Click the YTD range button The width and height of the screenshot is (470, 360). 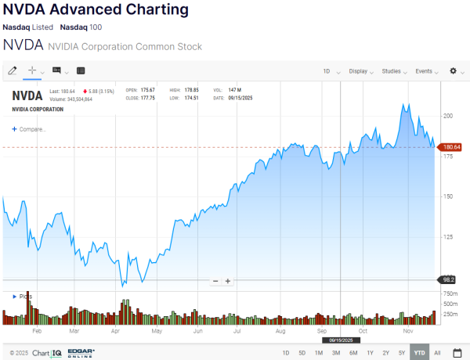(419, 353)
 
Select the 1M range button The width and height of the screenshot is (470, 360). (319, 353)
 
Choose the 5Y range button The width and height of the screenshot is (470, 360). (402, 353)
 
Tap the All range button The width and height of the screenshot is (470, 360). (437, 353)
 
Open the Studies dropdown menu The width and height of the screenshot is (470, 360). (393, 71)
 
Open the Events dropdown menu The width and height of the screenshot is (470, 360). (427, 71)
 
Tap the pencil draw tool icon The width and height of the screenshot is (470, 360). (13, 71)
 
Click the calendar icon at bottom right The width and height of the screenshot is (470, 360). (457, 353)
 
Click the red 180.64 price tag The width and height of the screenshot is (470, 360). (452, 147)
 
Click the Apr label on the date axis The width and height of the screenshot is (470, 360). (115, 331)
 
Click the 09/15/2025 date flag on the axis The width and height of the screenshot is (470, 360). (342, 340)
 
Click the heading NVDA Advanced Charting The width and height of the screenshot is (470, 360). (96, 10)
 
